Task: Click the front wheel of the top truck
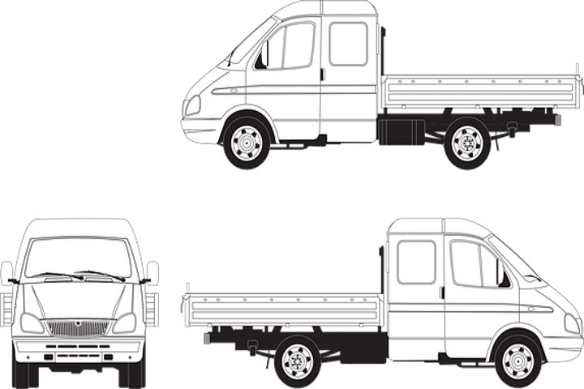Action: point(247,143)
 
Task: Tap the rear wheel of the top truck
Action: point(467,143)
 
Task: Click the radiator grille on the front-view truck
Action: point(79,327)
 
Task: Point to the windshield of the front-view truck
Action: point(78,258)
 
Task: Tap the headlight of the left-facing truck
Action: point(192,105)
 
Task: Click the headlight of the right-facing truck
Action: point(572,324)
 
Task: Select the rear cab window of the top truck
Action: point(348,44)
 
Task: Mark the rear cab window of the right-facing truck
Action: point(416,262)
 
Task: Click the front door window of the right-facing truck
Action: point(474,265)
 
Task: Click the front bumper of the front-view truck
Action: point(79,349)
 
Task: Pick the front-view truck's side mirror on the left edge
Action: point(6,272)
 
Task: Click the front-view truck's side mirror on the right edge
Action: point(152,272)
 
